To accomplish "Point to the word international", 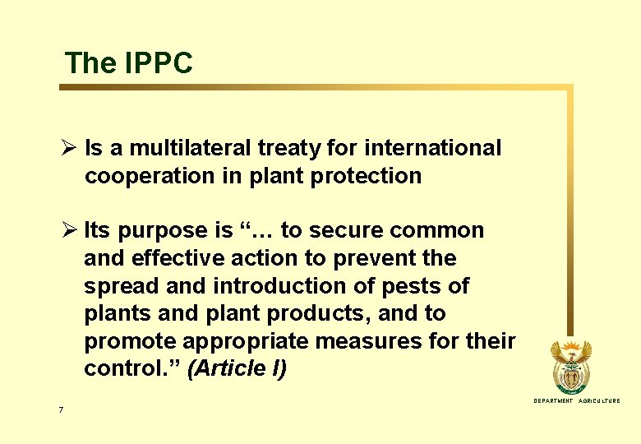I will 432,149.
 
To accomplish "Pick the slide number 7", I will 62,409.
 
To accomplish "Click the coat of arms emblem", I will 570,367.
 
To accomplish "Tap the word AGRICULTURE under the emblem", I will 600,401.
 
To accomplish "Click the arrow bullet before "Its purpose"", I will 69,231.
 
